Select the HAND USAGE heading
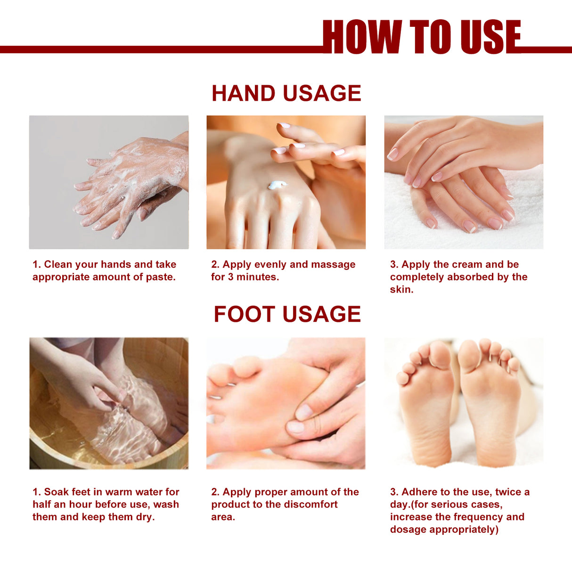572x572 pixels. (x=286, y=93)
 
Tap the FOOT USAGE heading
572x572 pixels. (x=287, y=314)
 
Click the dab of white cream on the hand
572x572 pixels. (x=277, y=185)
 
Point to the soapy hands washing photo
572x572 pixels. (x=109, y=182)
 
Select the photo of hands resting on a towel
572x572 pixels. (x=464, y=182)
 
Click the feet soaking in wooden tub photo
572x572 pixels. (x=109, y=403)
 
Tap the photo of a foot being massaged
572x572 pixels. (x=286, y=403)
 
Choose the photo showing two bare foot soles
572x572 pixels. (x=464, y=403)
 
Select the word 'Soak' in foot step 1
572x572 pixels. (x=56, y=492)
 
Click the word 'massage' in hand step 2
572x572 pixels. (x=332, y=264)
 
